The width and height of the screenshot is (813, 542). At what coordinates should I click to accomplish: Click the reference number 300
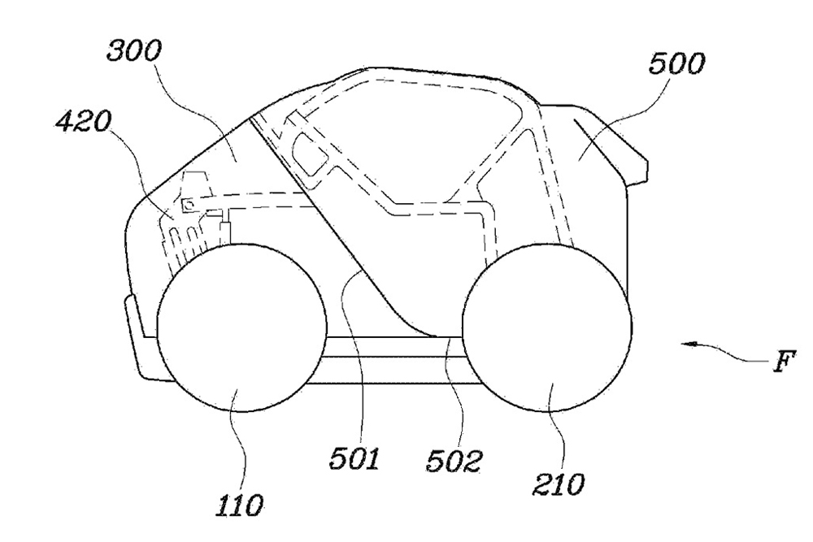click(134, 51)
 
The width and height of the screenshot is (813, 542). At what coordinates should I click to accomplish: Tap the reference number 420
click(84, 122)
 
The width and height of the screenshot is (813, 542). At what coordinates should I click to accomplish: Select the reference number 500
click(676, 64)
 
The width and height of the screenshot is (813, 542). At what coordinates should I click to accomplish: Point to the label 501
click(354, 458)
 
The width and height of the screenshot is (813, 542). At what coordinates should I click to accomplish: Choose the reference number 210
click(558, 484)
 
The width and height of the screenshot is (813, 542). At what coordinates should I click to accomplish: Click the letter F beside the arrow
click(785, 361)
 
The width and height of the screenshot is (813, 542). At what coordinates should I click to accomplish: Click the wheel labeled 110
click(241, 327)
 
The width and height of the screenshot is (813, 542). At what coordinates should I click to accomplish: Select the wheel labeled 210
click(547, 327)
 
